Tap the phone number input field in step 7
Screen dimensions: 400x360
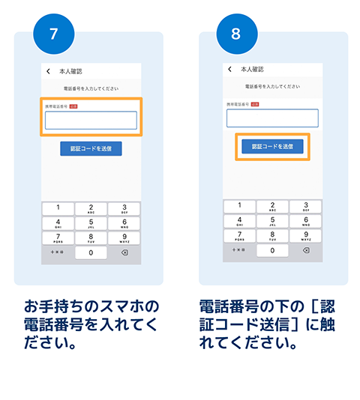(91, 121)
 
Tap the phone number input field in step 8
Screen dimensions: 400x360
(272, 118)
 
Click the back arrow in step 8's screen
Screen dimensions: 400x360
(229, 69)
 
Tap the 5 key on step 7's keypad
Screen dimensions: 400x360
(91, 223)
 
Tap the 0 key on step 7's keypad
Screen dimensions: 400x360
(91, 253)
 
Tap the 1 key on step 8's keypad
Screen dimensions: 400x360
(239, 206)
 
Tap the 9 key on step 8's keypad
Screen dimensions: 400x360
(305, 236)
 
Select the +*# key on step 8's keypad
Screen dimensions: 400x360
(239, 251)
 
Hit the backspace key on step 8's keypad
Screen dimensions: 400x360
(305, 251)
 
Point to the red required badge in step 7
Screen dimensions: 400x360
(73, 106)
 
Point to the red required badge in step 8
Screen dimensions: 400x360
(255, 104)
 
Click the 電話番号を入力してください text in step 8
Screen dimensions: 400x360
(272, 87)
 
